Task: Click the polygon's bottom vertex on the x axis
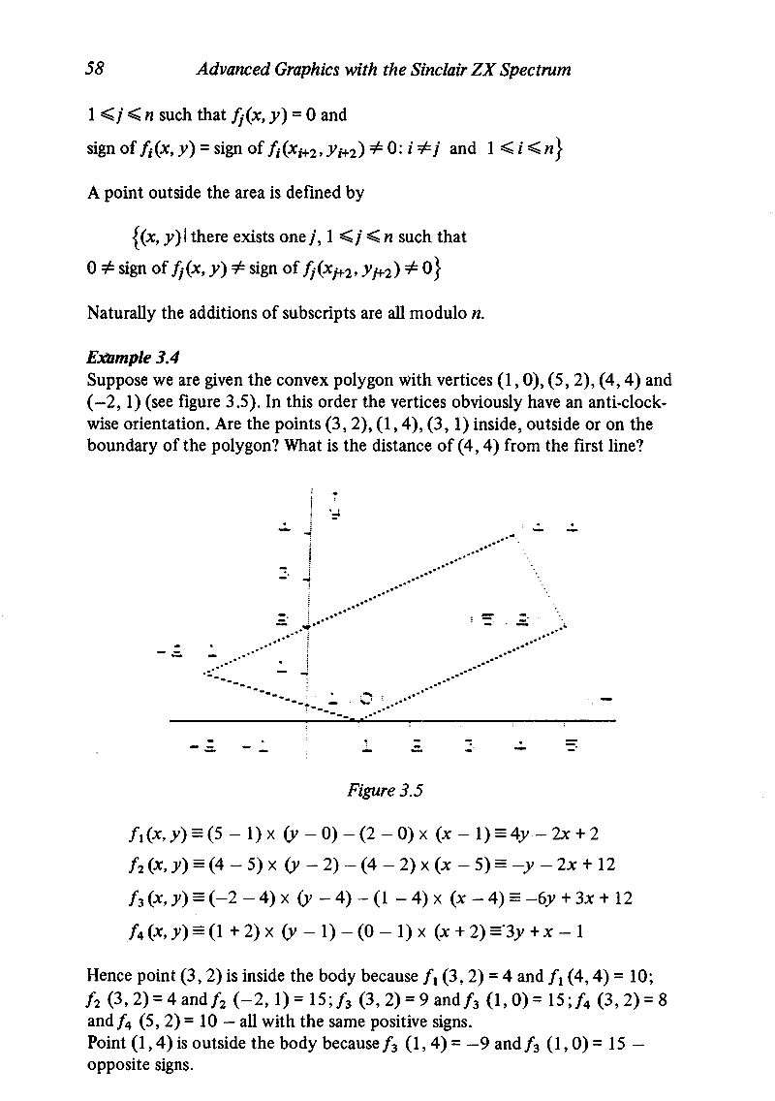(359, 720)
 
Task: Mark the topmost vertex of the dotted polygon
(513, 535)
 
